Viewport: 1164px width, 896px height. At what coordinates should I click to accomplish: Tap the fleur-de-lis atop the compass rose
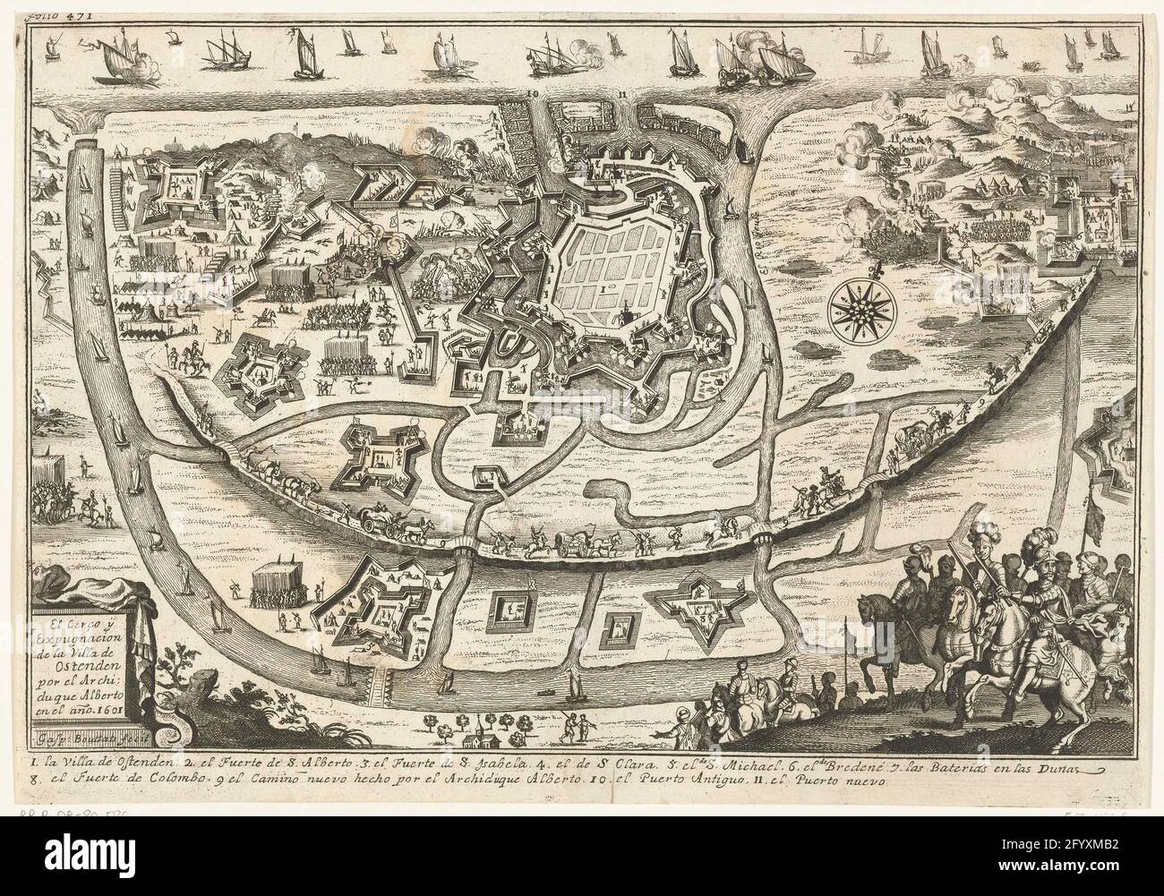pyautogui.click(x=858, y=267)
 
